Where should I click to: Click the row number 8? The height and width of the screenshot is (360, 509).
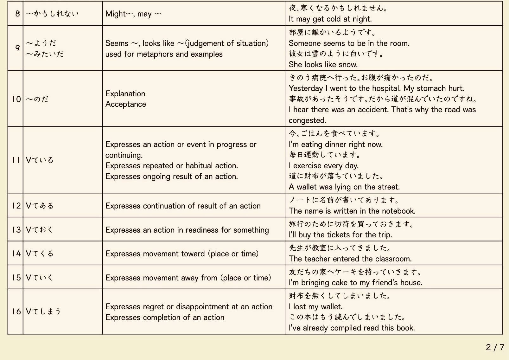click(x=17, y=13)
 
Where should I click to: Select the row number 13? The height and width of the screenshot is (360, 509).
click(x=16, y=229)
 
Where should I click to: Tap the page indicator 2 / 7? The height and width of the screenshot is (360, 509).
click(x=495, y=347)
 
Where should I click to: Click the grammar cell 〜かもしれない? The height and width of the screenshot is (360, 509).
click(x=52, y=13)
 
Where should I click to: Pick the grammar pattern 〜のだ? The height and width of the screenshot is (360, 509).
click(x=37, y=99)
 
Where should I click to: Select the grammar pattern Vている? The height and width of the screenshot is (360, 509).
click(x=40, y=160)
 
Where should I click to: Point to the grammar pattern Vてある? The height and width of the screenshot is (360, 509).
click(x=40, y=206)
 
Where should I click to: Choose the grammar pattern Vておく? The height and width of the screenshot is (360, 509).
click(x=40, y=229)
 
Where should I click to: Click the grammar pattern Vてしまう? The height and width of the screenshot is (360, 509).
click(x=43, y=312)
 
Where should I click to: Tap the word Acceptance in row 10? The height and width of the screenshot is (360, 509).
click(x=126, y=104)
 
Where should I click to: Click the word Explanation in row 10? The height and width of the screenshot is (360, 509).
click(x=125, y=94)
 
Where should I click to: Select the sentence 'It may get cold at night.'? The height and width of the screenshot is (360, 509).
click(x=330, y=19)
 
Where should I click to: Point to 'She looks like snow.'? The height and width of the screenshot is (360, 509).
click(x=323, y=65)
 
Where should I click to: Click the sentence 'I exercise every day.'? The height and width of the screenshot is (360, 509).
click(x=323, y=166)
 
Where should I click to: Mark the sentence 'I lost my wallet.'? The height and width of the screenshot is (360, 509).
click(x=315, y=307)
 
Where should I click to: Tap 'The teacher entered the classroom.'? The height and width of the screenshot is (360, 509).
click(x=350, y=259)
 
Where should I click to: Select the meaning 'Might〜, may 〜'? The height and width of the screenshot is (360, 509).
click(x=133, y=14)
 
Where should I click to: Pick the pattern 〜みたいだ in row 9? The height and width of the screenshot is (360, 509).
click(x=45, y=54)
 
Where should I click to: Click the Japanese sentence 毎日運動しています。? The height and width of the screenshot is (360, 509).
click(x=325, y=155)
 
